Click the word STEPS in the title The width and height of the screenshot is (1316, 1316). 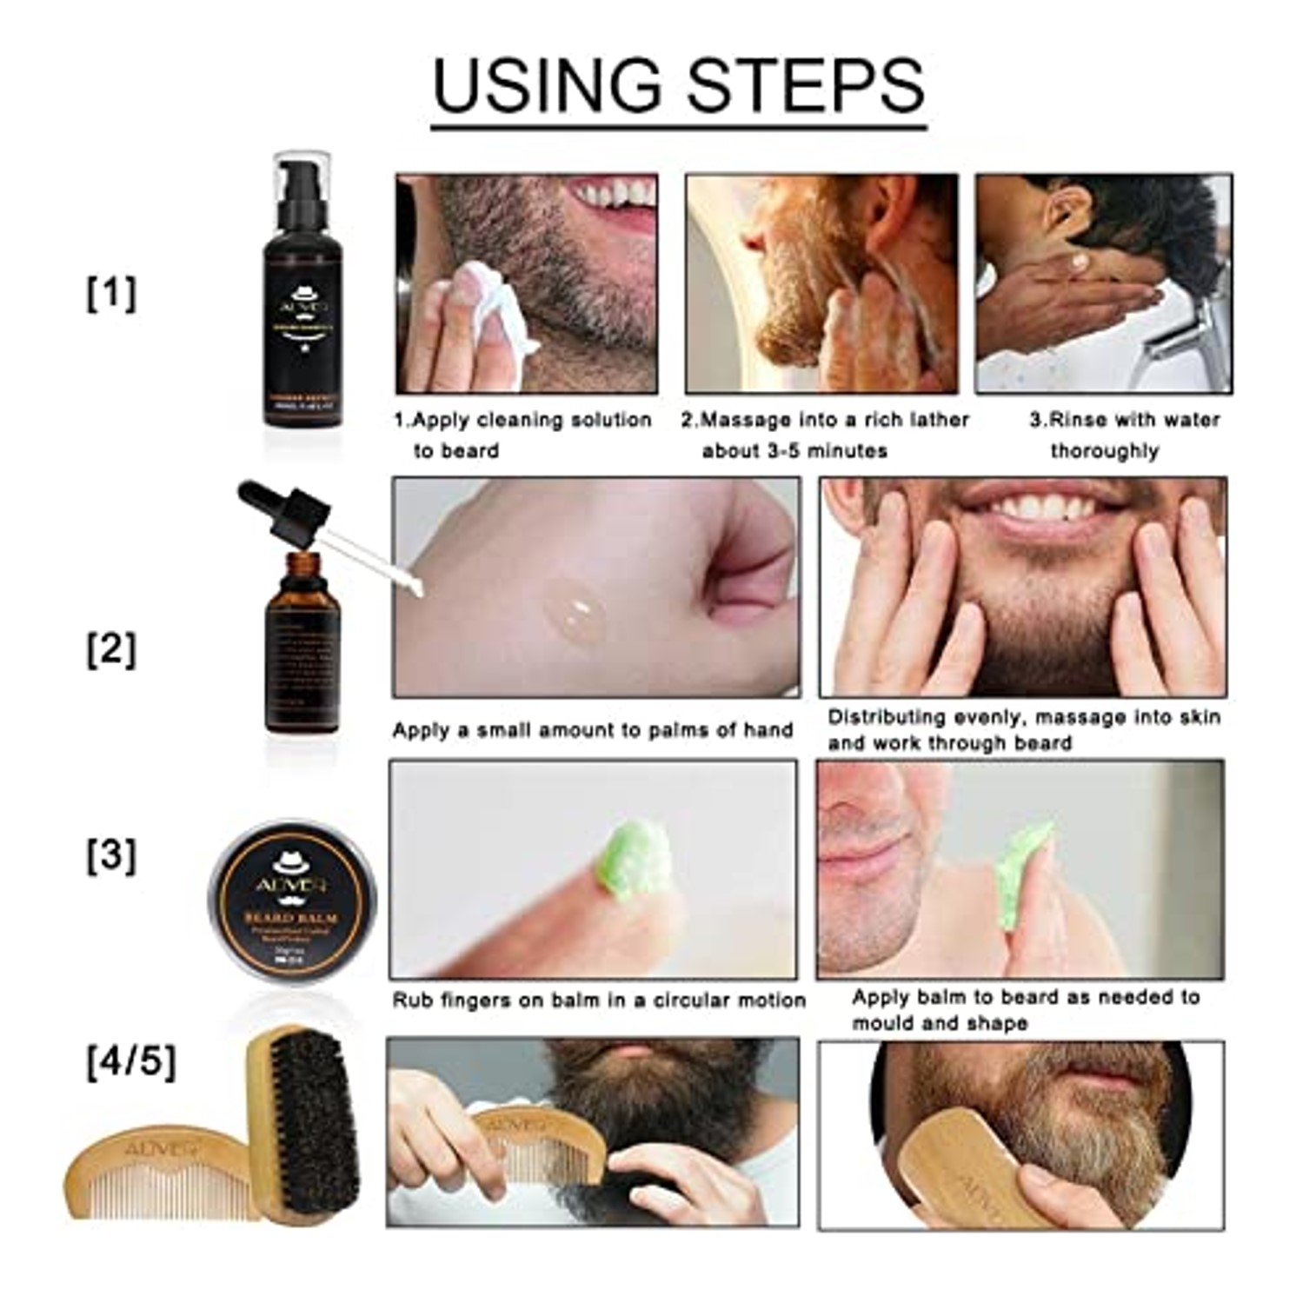805,85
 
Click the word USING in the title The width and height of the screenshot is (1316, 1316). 546,85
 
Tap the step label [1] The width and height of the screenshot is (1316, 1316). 111,293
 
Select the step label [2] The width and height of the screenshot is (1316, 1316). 111,649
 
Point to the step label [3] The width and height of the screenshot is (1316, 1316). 111,856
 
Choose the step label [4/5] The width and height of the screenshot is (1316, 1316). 130,1061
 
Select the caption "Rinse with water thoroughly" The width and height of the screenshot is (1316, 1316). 1124,435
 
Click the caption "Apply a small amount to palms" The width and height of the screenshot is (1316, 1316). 592,730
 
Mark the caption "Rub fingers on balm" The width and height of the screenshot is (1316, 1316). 598,1000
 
